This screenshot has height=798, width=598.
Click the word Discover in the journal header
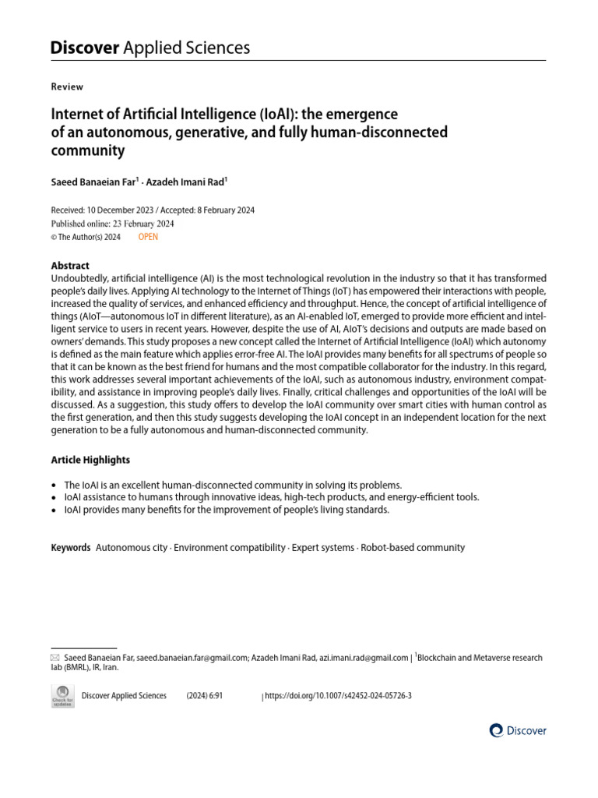84,48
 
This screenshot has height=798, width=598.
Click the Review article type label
67,87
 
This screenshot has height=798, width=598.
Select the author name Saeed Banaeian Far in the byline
93,182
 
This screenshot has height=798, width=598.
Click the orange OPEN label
148,237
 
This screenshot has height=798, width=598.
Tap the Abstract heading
70,265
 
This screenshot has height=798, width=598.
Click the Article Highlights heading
90,460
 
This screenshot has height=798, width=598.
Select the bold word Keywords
71,548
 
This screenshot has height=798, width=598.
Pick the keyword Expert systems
323,548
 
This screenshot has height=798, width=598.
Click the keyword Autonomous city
132,548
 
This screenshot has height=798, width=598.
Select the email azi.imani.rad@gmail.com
364,659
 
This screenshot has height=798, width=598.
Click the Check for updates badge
62,696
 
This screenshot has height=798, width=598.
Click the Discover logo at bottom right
518,731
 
